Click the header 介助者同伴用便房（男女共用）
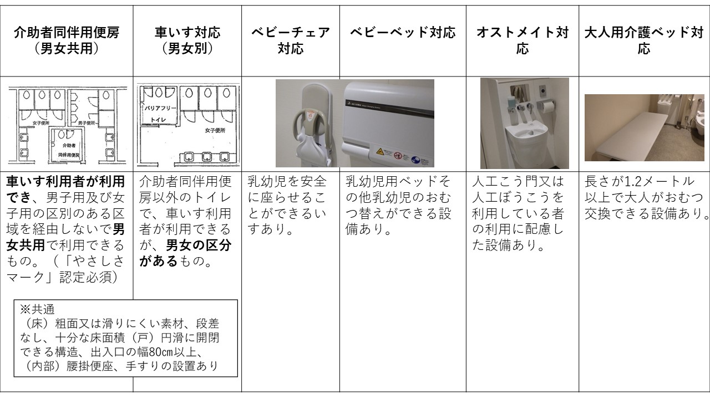pos(66,40)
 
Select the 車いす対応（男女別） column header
pos(187,40)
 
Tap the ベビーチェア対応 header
pos(290,40)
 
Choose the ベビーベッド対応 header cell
pos(402,33)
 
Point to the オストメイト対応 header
pos(522,40)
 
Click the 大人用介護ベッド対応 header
pos(643,40)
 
